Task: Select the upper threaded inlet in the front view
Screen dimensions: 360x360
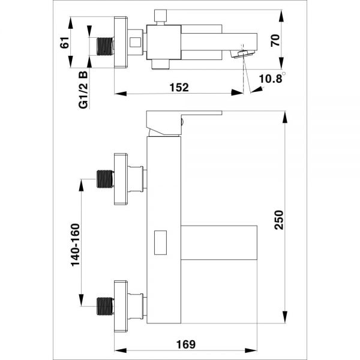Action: (x=106, y=178)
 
